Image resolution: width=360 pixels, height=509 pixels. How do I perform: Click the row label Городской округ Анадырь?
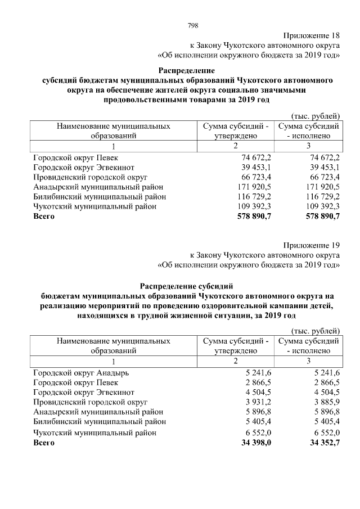pyautogui.click(x=81, y=372)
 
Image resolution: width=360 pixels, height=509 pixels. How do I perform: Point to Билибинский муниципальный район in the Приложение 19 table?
pyautogui.click(x=100, y=421)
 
